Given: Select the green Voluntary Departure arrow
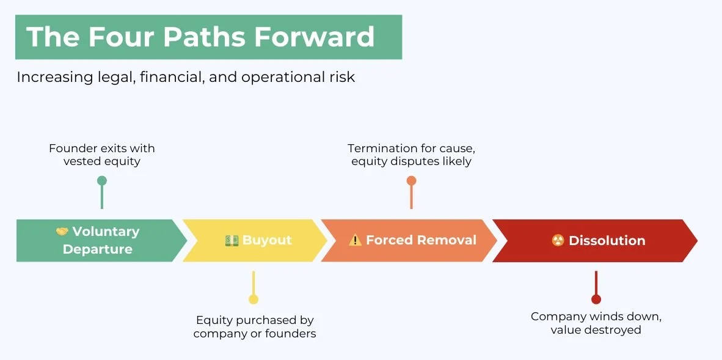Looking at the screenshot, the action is coord(98,240).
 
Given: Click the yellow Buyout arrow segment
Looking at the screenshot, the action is coord(257,240).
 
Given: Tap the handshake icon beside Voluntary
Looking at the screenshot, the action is coord(62,232).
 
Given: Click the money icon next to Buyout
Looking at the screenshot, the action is coord(232,240).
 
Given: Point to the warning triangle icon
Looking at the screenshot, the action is coord(355,240).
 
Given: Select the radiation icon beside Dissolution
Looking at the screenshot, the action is coord(558,240).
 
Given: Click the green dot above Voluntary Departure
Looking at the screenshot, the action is coord(102,180).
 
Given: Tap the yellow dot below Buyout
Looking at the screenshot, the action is coord(253,299).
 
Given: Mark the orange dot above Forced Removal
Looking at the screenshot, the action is coord(411,180).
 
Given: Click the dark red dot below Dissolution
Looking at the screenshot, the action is coord(596,299).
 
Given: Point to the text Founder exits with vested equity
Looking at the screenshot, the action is coord(102,155).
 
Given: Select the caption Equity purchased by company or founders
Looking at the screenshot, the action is coord(255,326).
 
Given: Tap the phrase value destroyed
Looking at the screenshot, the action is coord(596,330).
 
